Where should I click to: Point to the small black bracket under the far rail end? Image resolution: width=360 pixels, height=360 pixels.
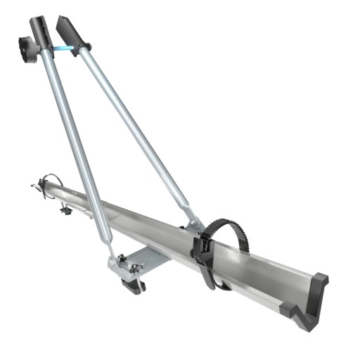pyautogui.click(x=65, y=209)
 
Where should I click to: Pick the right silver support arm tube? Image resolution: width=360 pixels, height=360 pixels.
pyautogui.click(x=134, y=127)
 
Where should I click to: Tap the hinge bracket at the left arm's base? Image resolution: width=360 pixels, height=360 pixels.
pyautogui.click(x=117, y=263)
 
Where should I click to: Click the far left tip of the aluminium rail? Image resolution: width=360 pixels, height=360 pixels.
pyautogui.click(x=35, y=186)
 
